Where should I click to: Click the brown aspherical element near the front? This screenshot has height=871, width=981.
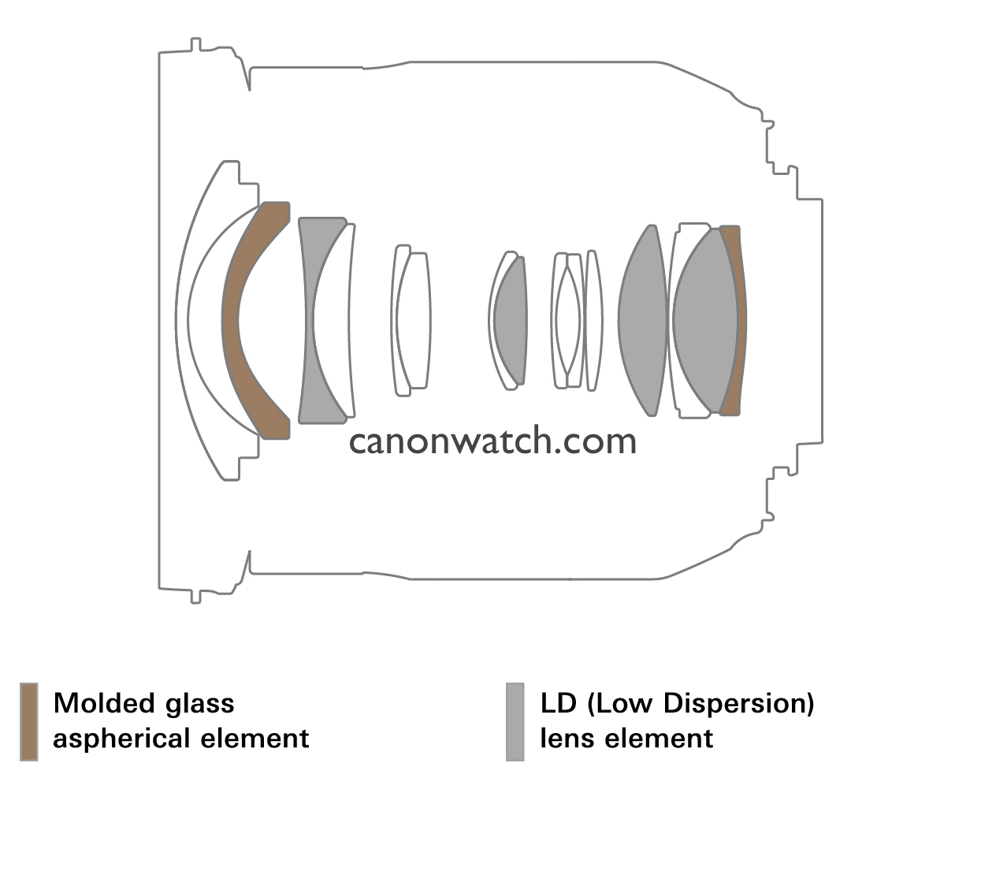click(231, 320)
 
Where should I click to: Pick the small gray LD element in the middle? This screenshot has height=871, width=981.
click(511, 320)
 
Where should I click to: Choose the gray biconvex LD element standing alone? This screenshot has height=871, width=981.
click(643, 320)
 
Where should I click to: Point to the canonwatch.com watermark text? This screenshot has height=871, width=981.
click(492, 441)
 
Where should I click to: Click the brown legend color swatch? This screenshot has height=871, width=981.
click(29, 722)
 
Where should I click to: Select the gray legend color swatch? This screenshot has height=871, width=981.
click(515, 722)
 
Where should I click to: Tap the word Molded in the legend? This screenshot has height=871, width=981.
click(104, 703)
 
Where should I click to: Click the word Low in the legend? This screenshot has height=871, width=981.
click(624, 703)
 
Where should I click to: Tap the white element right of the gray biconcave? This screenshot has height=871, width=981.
click(332, 320)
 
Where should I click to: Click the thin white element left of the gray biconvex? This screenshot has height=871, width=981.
click(594, 320)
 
